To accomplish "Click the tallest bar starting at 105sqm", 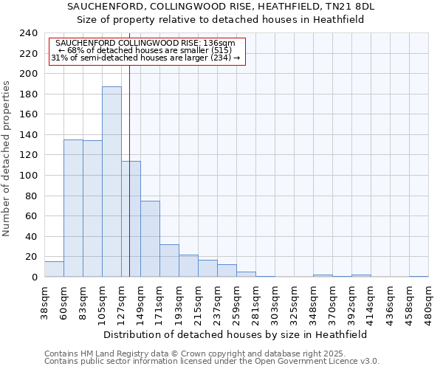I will (x=111, y=182).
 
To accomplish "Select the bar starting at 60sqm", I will (x=73, y=208).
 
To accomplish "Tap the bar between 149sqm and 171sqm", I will (x=150, y=238).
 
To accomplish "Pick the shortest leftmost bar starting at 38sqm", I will (x=54, y=269).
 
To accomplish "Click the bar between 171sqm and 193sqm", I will (x=169, y=261).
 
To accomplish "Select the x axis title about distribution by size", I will (x=235, y=334).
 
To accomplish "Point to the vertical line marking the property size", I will (x=129, y=148).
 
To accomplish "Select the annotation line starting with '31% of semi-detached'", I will (x=145, y=58).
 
